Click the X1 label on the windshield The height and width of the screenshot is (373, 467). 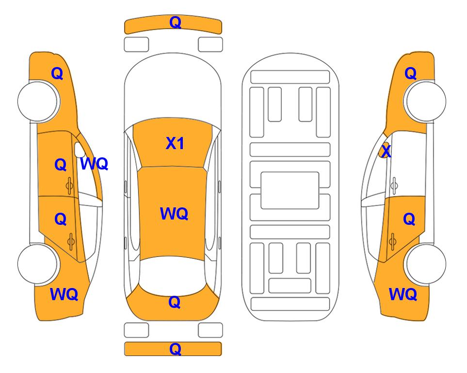pyautogui.click(x=175, y=143)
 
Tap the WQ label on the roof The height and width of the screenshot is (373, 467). pyautogui.click(x=174, y=214)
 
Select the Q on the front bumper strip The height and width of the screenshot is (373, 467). pyautogui.click(x=175, y=22)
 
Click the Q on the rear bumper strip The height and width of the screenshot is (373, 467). pyautogui.click(x=175, y=349)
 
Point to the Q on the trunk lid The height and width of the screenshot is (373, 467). pyautogui.click(x=174, y=302)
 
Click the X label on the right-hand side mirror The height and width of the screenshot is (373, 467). pyautogui.click(x=386, y=151)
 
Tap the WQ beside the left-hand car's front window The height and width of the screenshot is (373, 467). pyautogui.click(x=94, y=164)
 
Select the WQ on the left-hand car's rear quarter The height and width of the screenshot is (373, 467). pyautogui.click(x=64, y=294)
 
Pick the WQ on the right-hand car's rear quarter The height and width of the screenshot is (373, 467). pyautogui.click(x=403, y=294)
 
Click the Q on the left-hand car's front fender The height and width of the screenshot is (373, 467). pyautogui.click(x=57, y=73)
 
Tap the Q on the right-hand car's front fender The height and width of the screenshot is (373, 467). pyautogui.click(x=410, y=73)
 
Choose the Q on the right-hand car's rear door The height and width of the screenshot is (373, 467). pyautogui.click(x=409, y=220)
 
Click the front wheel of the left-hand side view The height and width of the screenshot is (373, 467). pyautogui.click(x=38, y=102)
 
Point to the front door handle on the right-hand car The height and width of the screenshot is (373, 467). pyautogui.click(x=394, y=186)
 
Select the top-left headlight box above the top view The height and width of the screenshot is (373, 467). pyautogui.click(x=136, y=45)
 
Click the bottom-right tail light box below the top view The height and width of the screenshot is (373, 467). pyautogui.click(x=210, y=330)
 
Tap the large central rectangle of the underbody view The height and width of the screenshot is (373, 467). pyautogui.click(x=290, y=190)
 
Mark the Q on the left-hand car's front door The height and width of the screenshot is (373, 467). pyautogui.click(x=61, y=165)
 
